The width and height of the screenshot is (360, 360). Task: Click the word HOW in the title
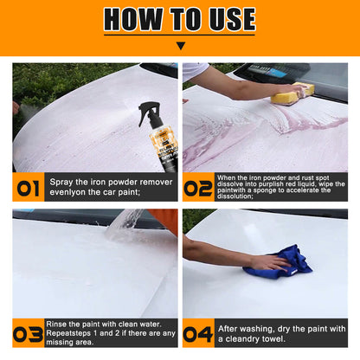133,19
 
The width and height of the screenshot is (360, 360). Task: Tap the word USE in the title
233,19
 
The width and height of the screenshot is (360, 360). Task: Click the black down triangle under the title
181,46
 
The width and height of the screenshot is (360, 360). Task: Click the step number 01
28,189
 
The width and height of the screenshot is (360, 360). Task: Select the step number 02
198,189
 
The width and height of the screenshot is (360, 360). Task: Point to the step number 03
28,335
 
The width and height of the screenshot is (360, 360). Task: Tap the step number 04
198,335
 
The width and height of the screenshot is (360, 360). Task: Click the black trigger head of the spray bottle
149,111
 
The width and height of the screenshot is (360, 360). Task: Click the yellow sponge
292,93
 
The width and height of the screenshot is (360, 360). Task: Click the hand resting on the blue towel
270,263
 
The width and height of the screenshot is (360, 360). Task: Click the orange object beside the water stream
164,220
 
